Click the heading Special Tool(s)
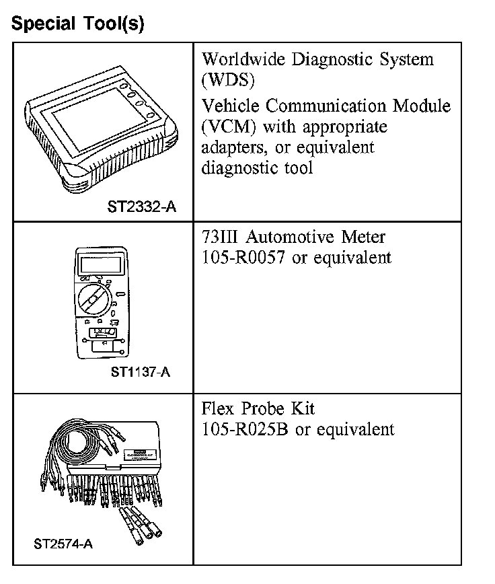point(77,24)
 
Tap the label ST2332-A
point(142,207)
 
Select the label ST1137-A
point(141,371)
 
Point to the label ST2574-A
point(63,544)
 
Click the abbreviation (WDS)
point(227,80)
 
